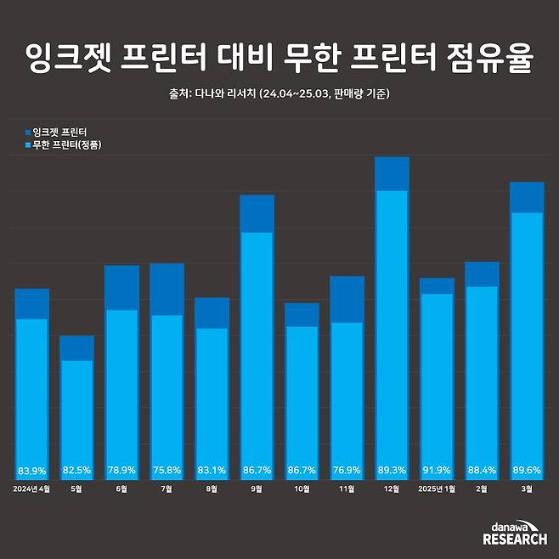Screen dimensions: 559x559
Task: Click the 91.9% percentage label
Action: tap(437, 470)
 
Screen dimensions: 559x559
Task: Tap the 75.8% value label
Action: tap(167, 470)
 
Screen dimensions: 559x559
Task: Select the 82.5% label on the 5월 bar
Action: tap(76, 470)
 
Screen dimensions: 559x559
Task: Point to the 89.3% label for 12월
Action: tap(392, 470)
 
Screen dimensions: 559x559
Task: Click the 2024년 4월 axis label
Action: tap(31, 488)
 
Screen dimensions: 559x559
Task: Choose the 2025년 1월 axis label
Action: tap(437, 488)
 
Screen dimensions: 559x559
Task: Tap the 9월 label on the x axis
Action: tap(257, 488)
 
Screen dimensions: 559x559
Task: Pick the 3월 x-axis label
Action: tap(527, 488)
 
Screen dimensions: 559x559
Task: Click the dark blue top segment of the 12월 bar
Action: tap(392, 173)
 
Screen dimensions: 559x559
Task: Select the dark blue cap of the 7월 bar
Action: tap(167, 289)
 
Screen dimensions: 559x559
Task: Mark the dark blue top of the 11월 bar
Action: tap(347, 299)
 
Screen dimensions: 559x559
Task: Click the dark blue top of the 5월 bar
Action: tap(76, 347)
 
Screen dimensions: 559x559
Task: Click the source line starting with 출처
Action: tap(279, 93)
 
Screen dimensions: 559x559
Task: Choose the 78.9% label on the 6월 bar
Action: tap(121, 470)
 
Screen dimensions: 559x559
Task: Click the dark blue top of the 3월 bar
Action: tap(527, 197)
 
